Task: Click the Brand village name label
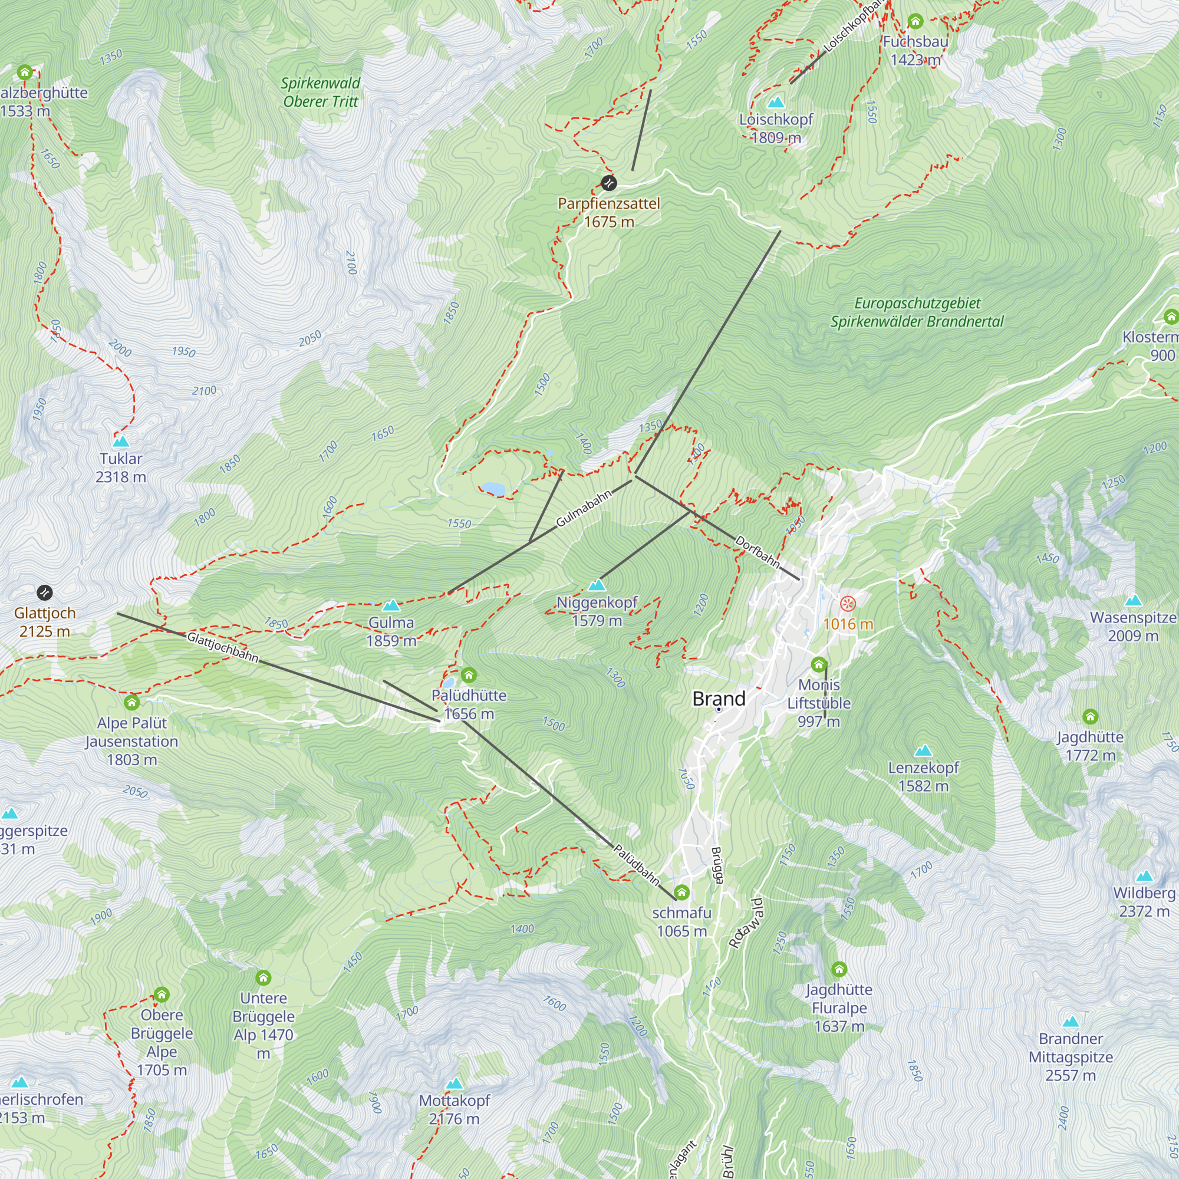[x=719, y=699]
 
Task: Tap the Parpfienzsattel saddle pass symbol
[x=608, y=183]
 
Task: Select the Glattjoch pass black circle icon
[x=45, y=592]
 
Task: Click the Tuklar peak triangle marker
[x=121, y=440]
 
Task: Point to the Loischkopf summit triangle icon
[x=776, y=102]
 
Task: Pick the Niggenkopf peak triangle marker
[x=597, y=585]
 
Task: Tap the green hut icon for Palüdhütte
[x=469, y=675]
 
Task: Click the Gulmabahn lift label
[x=584, y=509]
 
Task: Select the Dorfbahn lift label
[x=758, y=551]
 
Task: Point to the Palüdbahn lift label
[x=637, y=865]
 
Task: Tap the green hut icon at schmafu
[x=681, y=893]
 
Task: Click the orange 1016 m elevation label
[x=848, y=624]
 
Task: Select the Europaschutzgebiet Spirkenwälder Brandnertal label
[x=917, y=312]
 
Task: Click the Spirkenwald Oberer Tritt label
[x=320, y=92]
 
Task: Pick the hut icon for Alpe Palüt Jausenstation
[x=132, y=703]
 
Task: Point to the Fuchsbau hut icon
[x=915, y=21]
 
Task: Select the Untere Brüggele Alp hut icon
[x=263, y=978]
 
